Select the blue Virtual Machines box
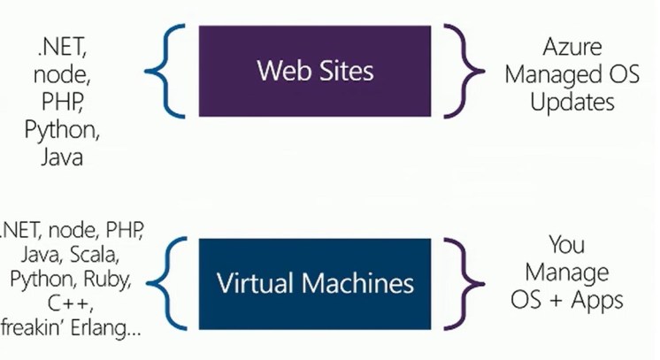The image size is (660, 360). click(x=316, y=282)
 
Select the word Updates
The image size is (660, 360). click(x=572, y=102)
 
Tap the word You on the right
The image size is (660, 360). click(x=567, y=243)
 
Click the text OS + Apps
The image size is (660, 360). click(x=567, y=300)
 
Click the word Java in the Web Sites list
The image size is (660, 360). click(x=63, y=158)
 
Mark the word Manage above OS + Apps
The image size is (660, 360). click(x=567, y=272)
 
